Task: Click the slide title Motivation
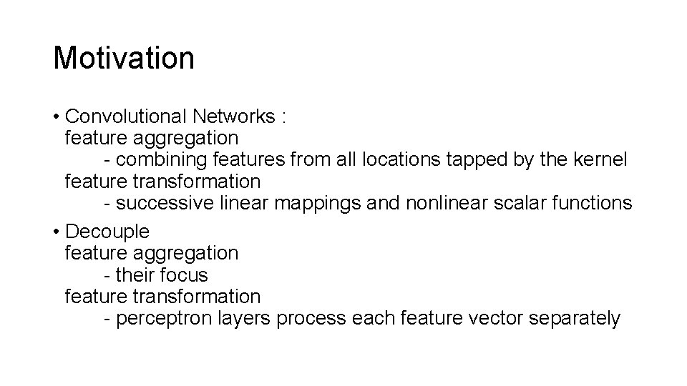pyautogui.click(x=123, y=58)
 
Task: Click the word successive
pyautogui.click(x=165, y=203)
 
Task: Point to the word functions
pyautogui.click(x=589, y=203)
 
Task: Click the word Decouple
pyautogui.click(x=107, y=232)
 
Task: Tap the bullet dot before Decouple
pyautogui.click(x=57, y=232)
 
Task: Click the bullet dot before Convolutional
pyautogui.click(x=57, y=116)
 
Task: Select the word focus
pyautogui.click(x=183, y=275)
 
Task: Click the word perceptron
pyautogui.click(x=162, y=318)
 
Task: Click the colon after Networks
pyautogui.click(x=284, y=117)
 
